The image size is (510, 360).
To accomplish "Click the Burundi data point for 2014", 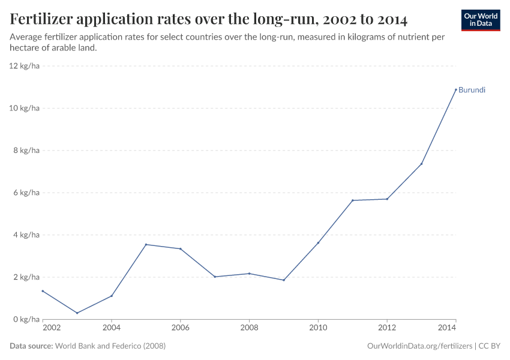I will (455, 89).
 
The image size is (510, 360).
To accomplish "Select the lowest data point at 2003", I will (77, 313).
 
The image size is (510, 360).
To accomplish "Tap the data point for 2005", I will (146, 244).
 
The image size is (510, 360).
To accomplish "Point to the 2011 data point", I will (352, 200).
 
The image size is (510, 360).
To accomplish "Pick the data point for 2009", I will (284, 280).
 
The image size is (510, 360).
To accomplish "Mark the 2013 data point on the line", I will (421, 164).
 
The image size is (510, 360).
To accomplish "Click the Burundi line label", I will (472, 90).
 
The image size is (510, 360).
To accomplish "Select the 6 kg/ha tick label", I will (26, 193).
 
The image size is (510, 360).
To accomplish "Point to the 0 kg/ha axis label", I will (26, 319).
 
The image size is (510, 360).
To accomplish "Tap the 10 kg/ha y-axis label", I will (25, 108).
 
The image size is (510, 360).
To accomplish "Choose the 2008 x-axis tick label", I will (249, 328).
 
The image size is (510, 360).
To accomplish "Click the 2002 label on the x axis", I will (52, 328).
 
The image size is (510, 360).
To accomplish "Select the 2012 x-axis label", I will (387, 328).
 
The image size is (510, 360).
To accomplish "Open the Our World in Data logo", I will (481, 20).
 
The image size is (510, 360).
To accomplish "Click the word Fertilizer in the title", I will (46, 20).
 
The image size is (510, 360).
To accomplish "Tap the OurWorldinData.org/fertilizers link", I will (419, 346).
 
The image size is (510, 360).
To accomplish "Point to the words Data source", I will (31, 346).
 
